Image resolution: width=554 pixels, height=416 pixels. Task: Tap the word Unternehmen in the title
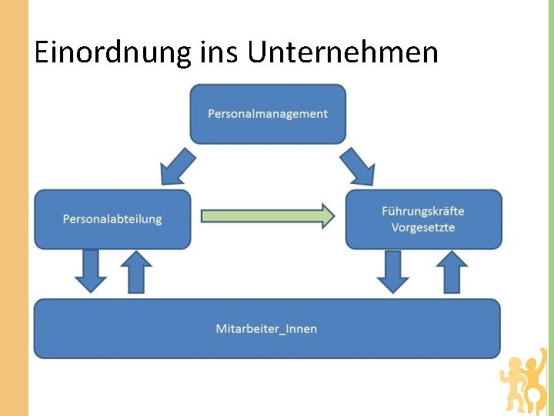343,52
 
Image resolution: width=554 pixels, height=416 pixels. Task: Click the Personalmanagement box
268,114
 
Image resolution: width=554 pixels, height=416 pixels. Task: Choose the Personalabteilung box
112,219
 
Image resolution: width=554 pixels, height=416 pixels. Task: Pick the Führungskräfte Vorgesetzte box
423,219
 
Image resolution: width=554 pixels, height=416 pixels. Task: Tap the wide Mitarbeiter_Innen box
266,329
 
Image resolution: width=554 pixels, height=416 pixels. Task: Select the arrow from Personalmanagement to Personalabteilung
177,164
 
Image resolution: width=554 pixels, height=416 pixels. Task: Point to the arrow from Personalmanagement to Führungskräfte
356,164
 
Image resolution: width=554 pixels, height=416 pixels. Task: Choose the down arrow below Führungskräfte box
394,271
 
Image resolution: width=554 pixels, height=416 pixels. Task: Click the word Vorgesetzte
423,227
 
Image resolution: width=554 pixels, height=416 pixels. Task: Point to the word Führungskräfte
423,211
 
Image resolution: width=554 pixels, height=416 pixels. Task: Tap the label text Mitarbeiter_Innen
266,329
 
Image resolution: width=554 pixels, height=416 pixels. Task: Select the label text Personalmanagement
268,114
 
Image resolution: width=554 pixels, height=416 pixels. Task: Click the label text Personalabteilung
112,219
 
